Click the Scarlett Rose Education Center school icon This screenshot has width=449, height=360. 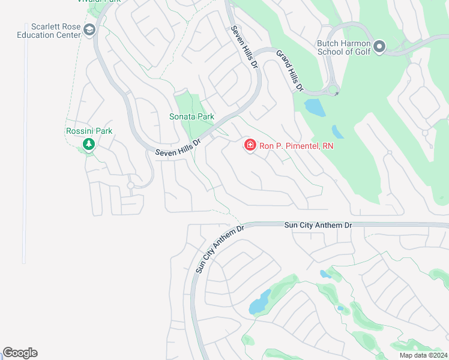[89, 30]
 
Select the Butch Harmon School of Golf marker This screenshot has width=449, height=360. [379, 46]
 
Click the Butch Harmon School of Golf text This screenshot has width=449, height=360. [344, 47]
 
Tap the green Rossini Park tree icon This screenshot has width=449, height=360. [89, 144]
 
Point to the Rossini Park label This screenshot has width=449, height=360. [89, 131]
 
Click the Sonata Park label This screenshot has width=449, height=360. [191, 116]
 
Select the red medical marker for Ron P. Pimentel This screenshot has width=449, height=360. [250, 145]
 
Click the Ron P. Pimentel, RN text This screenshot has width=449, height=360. [296, 146]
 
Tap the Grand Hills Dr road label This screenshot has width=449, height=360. [289, 71]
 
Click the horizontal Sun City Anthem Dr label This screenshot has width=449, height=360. [318, 225]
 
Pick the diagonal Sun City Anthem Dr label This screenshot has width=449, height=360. [220, 249]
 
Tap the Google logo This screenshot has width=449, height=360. [20, 353]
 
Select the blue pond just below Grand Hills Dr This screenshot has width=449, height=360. [313, 107]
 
